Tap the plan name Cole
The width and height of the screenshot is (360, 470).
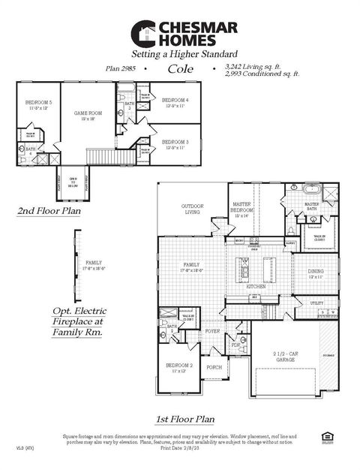180,68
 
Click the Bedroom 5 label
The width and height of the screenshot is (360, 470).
38,104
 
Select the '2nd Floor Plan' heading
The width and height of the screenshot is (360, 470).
49,212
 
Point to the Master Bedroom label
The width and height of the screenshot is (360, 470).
241,207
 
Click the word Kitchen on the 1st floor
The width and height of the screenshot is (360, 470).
256,287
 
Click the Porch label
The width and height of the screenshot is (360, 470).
214,367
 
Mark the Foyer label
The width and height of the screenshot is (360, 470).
213,330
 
